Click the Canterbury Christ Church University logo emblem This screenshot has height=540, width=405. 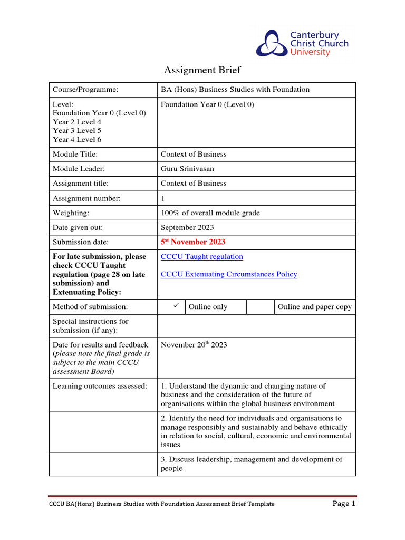coord(271,43)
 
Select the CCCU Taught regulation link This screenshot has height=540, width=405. coord(202,257)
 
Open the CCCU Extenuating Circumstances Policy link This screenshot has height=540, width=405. coord(229,274)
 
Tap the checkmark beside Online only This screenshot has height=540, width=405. coord(171,306)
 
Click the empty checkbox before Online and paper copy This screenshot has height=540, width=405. coord(260,307)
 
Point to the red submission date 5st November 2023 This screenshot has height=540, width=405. coord(193,242)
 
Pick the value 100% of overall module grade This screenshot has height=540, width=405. coord(210,213)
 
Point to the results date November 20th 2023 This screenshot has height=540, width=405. coord(194,345)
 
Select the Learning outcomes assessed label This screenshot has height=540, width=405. coord(100,386)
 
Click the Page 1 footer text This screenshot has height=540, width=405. coord(344,504)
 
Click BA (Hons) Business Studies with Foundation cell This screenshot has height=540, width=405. coord(235,90)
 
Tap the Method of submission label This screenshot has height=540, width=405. coord(90,307)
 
